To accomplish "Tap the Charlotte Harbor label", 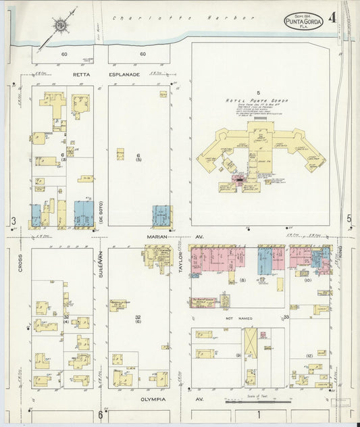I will tap(182, 18).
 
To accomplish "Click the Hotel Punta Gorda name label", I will tap(257, 100).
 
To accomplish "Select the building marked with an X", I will tap(251, 342).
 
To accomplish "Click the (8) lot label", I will tap(242, 279).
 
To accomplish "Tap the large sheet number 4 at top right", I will tap(332, 19).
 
